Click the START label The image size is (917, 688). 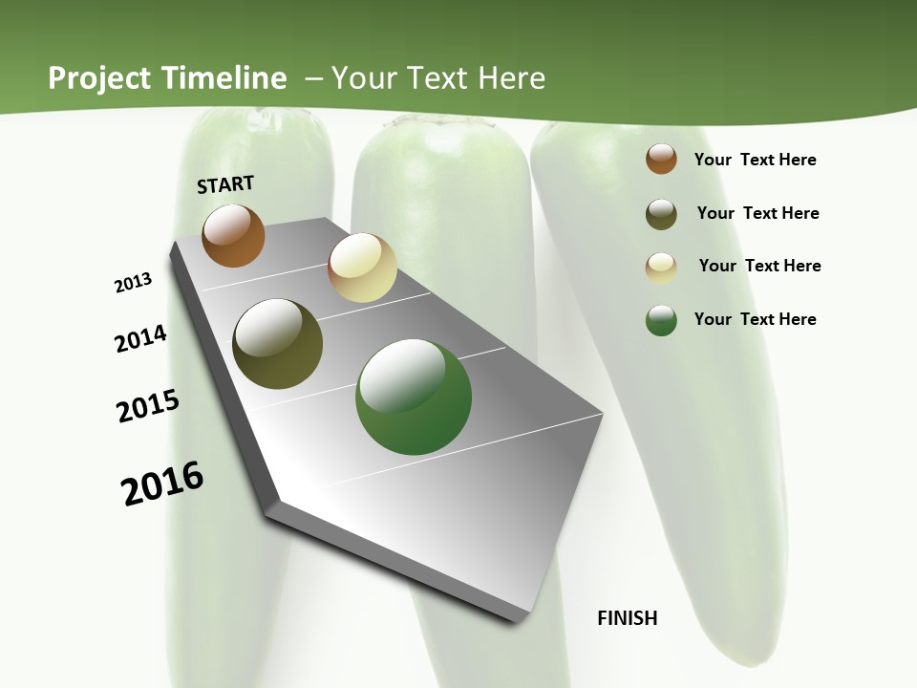point(225,184)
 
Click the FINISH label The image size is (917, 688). point(627,618)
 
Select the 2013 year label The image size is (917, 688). point(133,283)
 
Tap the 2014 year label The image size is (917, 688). point(140,338)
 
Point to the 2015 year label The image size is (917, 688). point(147,406)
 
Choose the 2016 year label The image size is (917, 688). point(162,484)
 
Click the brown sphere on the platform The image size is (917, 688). point(233,235)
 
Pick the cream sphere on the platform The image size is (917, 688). point(362,268)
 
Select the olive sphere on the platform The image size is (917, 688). point(277,344)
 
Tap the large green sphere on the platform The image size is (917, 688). point(414,397)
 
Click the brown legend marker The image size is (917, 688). point(661,160)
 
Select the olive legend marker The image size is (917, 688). point(661,214)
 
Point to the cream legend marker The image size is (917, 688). point(661,267)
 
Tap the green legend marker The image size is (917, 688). point(661,320)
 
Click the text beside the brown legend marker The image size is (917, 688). point(755,161)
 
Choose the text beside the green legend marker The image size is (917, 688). point(755,319)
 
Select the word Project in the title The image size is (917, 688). point(99,78)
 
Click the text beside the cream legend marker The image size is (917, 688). point(759,266)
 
